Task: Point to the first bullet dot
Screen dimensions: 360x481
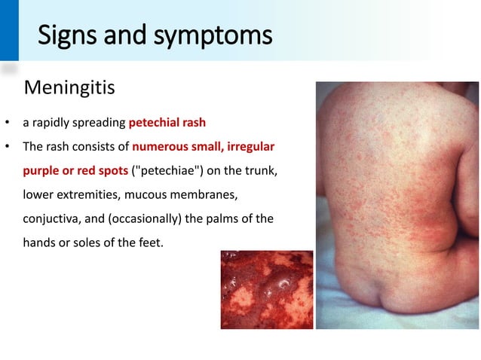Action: pos(7,122)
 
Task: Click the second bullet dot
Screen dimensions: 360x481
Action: pos(7,146)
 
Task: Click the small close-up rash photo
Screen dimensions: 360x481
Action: pos(266,290)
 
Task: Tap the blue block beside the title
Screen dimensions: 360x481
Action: pos(9,30)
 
